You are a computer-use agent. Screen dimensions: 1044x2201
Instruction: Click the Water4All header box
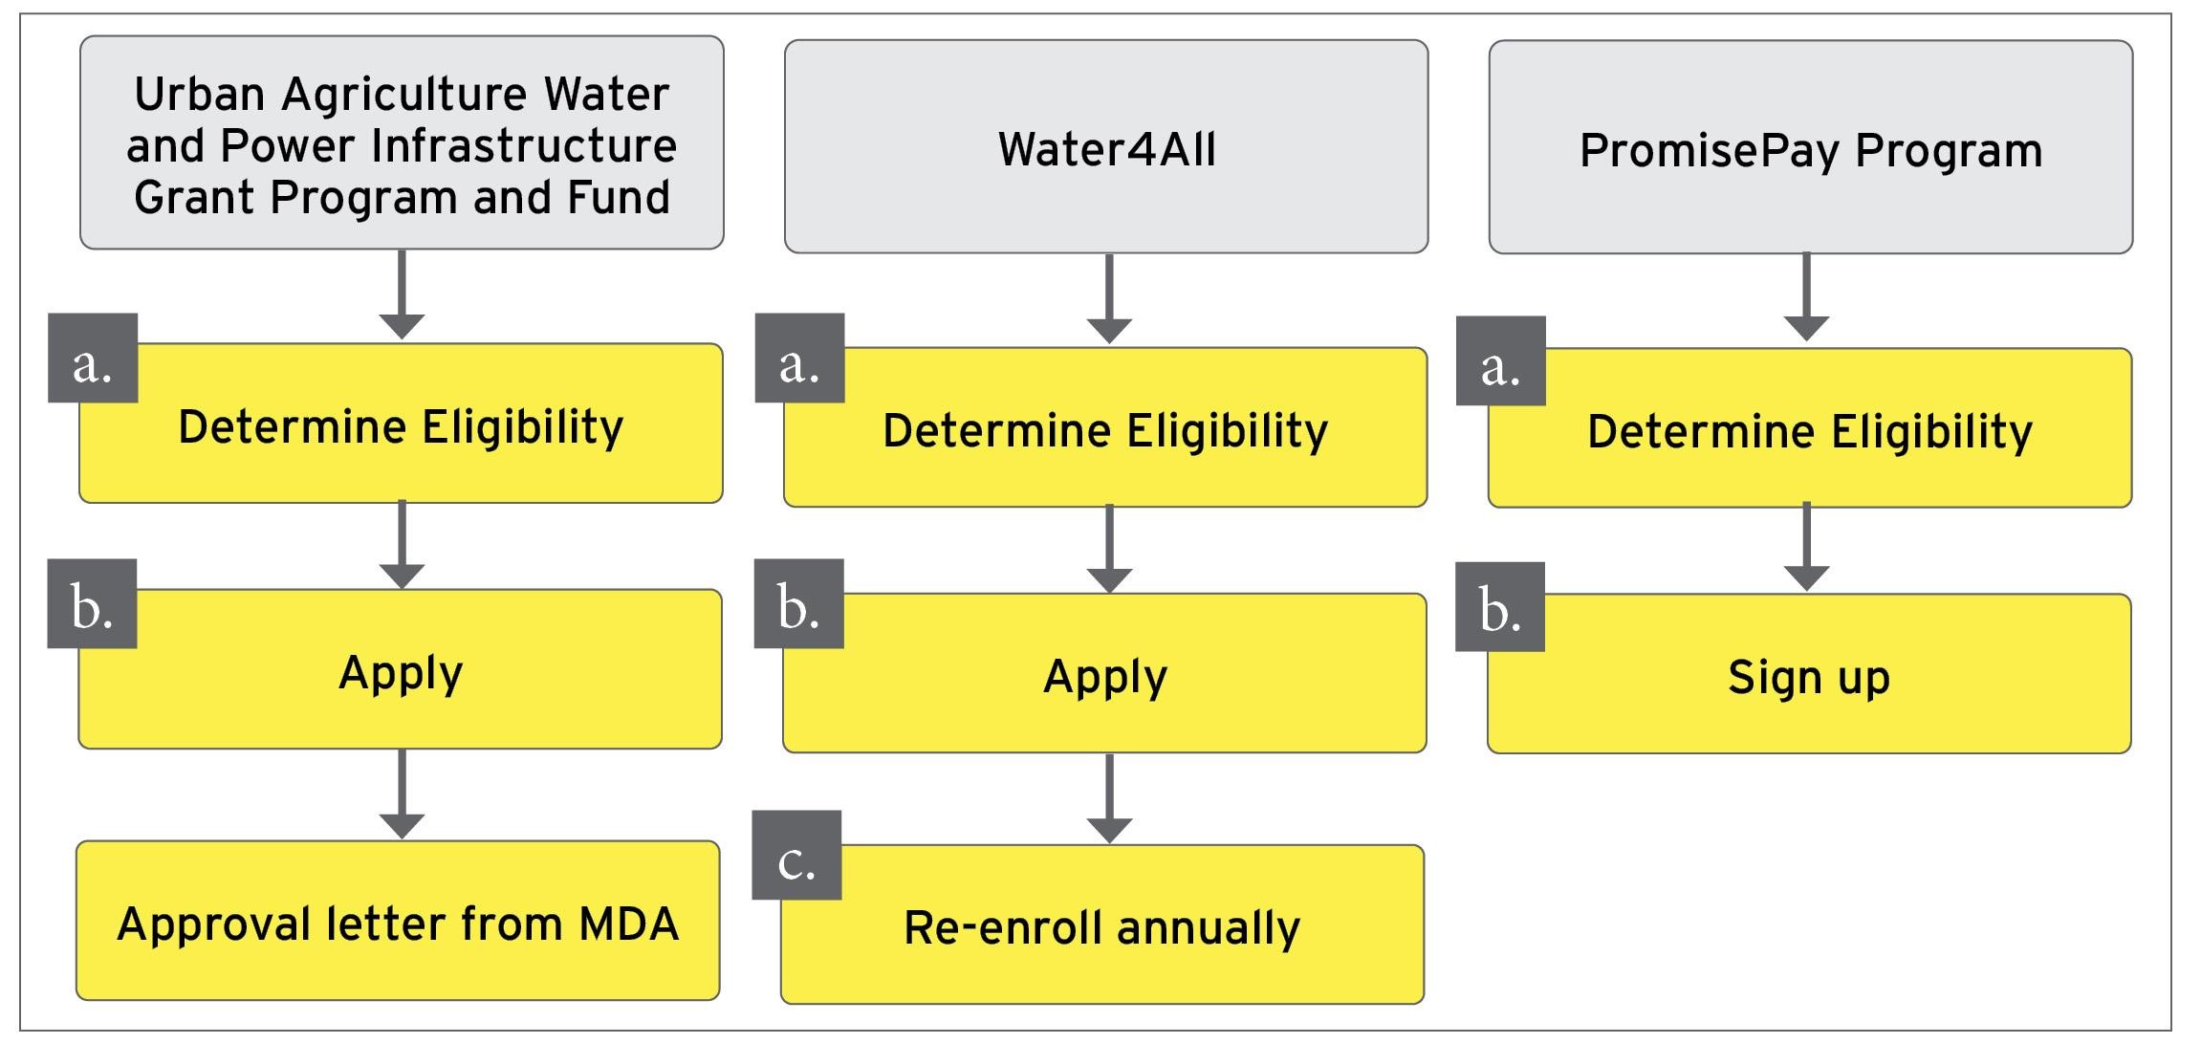click(x=1106, y=147)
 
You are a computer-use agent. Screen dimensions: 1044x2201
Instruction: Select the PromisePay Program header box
click(x=1810, y=148)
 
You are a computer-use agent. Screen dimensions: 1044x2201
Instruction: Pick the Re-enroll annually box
click(x=1101, y=925)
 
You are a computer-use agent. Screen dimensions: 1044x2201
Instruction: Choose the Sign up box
click(x=1809, y=676)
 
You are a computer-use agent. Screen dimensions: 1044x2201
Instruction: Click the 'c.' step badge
click(x=796, y=856)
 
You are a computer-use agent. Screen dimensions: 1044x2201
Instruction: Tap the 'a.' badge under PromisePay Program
click(x=1500, y=361)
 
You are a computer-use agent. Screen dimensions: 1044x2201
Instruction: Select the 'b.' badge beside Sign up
click(x=1499, y=607)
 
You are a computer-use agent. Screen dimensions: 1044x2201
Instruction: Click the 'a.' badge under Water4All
click(x=799, y=359)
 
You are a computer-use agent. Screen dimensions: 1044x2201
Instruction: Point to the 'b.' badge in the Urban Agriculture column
click(x=92, y=604)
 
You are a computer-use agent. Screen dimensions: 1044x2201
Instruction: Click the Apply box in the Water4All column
click(x=1104, y=674)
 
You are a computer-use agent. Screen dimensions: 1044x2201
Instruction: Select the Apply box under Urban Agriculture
click(x=400, y=670)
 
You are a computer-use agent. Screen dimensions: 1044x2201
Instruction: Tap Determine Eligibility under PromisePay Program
click(x=1809, y=429)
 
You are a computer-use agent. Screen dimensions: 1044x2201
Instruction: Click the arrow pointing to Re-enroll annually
click(x=1109, y=799)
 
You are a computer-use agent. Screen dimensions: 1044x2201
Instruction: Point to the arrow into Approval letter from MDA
click(x=402, y=794)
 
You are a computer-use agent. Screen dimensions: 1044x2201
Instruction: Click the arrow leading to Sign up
click(x=1806, y=548)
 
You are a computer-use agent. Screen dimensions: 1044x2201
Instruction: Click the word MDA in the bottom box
click(x=628, y=924)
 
